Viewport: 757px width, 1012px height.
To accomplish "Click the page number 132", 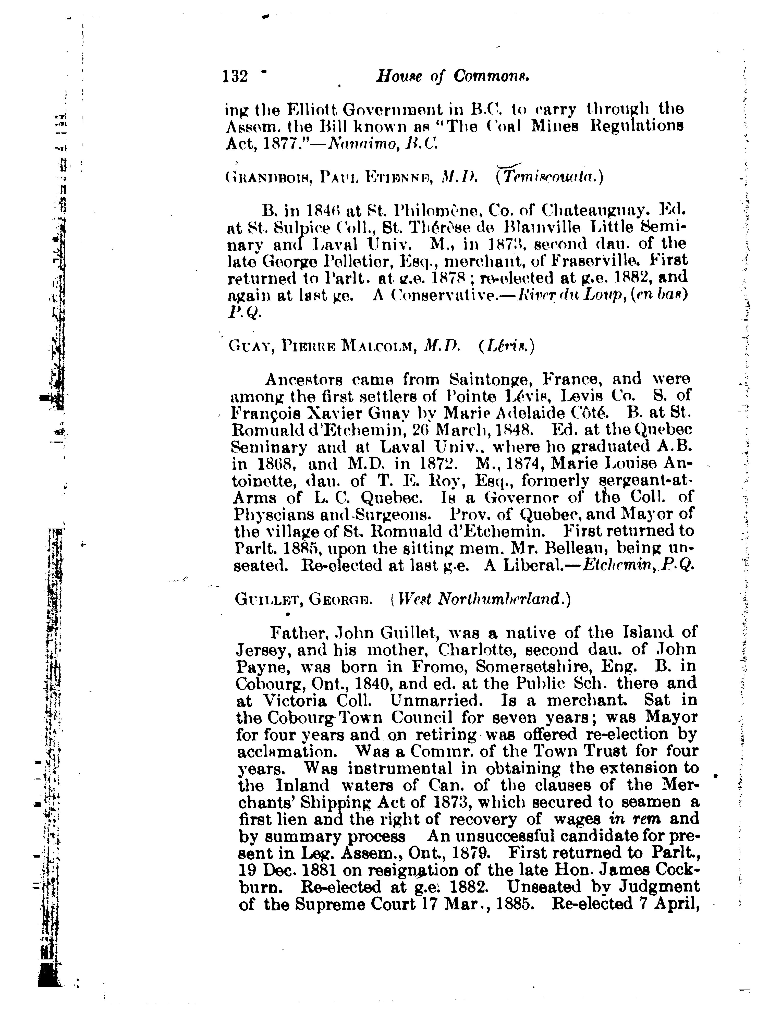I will click(x=235, y=76).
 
